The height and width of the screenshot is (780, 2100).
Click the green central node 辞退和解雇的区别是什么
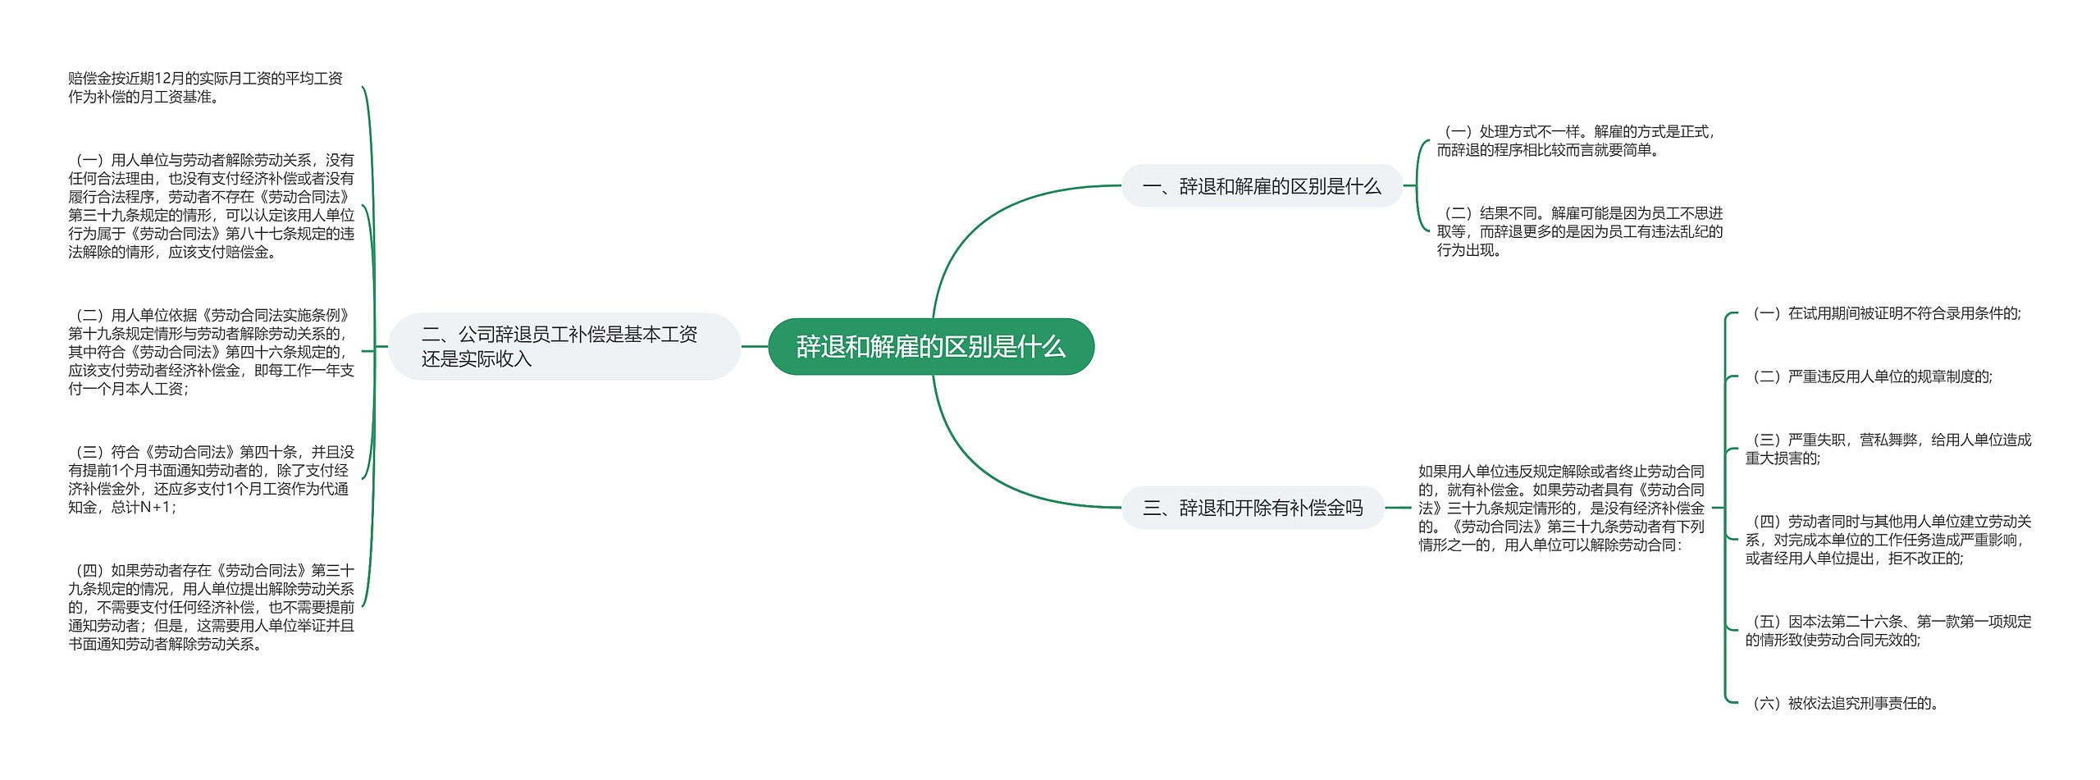(931, 347)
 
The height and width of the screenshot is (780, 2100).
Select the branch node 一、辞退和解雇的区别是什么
(1262, 186)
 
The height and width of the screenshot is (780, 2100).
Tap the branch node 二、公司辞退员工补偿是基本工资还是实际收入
(564, 346)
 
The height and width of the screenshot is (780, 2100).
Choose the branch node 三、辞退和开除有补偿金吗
(1253, 509)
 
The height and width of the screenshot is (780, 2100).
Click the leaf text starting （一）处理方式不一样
(1575, 141)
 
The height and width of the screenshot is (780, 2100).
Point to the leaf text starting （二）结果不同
(1579, 231)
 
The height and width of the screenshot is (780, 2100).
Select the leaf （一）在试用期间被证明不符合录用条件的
(1885, 313)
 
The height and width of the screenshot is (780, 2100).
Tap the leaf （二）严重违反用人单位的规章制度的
(1870, 376)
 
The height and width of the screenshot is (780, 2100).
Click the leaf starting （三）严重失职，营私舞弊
(1888, 449)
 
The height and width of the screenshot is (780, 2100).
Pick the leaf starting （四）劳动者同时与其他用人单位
(1888, 540)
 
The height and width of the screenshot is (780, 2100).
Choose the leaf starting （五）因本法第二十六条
(1888, 631)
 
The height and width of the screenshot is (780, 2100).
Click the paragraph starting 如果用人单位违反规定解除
(1561, 509)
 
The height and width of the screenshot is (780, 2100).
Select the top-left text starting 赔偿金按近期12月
(205, 88)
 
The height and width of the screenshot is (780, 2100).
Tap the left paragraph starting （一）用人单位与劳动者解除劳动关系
(211, 206)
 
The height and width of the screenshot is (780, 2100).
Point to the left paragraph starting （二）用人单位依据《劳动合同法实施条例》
(211, 352)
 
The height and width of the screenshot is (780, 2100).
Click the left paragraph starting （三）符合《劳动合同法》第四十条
(211, 480)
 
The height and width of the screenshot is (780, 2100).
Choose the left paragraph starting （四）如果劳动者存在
(211, 607)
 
